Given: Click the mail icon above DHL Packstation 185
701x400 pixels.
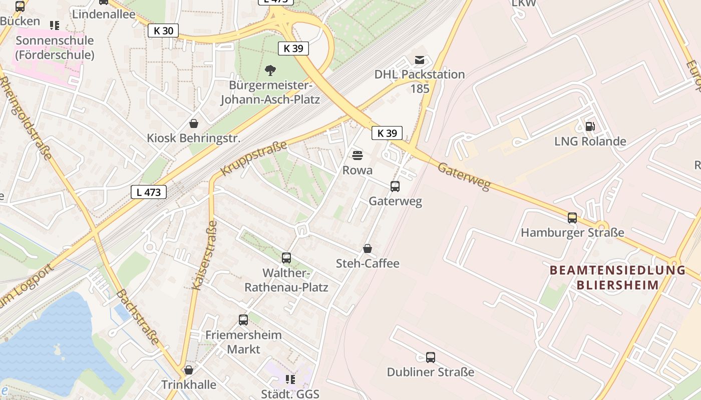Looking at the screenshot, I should [x=420, y=60].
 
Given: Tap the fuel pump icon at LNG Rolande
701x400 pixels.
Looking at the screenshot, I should [x=590, y=127].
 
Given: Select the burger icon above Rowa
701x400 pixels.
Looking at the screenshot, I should [x=357, y=155].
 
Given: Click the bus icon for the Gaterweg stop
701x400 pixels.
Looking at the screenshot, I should [x=395, y=186].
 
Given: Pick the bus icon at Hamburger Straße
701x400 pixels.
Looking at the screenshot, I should [x=572, y=218].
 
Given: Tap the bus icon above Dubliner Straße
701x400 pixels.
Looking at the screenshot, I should [x=431, y=357].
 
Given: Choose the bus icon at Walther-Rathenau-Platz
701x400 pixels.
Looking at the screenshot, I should [x=286, y=258].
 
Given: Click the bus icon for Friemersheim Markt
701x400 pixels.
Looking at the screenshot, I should [x=243, y=319].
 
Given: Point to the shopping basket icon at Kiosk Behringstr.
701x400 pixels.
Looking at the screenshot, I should [x=194, y=123].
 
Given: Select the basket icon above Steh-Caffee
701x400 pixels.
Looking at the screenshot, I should [x=368, y=248].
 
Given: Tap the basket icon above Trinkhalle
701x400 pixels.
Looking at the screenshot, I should [x=189, y=370].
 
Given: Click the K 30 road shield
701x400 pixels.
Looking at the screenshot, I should [x=163, y=30].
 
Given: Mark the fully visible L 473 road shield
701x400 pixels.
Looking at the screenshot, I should [x=149, y=191].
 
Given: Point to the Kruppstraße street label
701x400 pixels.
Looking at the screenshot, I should [x=254, y=158].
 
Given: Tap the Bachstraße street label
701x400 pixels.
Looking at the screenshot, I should [x=138, y=316].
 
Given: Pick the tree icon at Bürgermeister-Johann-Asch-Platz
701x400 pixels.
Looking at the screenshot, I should [x=270, y=70].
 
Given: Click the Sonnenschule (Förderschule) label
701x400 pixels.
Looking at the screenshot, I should [x=55, y=47].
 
